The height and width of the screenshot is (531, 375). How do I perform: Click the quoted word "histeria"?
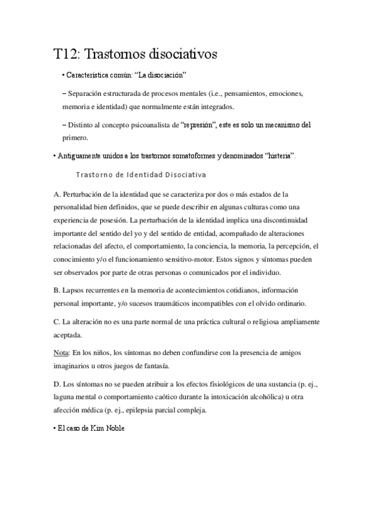coord(279,155)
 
